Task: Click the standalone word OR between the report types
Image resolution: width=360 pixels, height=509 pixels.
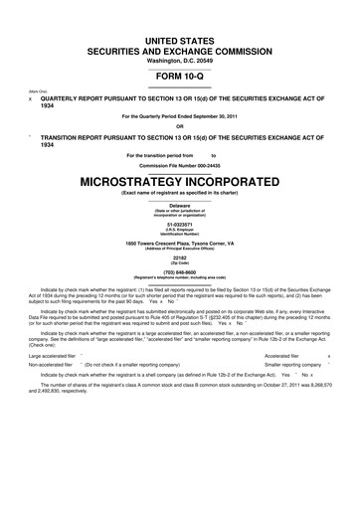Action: point(180,125)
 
